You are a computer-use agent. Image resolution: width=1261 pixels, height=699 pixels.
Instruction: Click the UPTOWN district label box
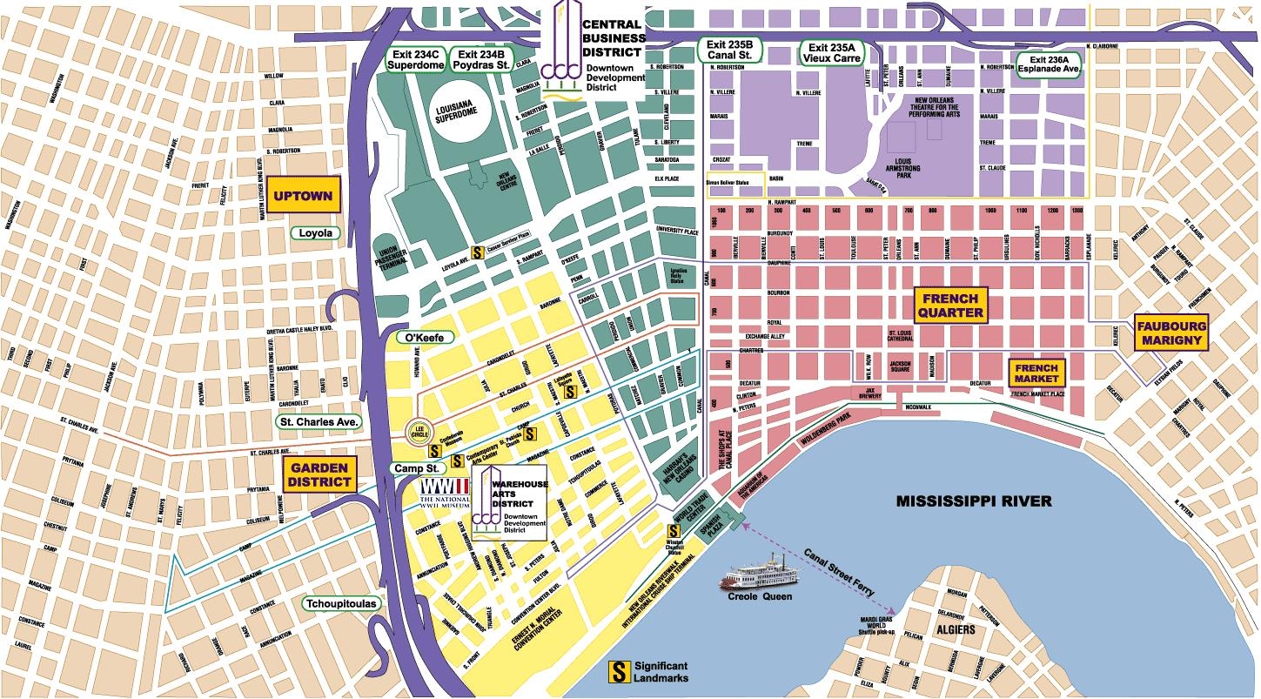[302, 196]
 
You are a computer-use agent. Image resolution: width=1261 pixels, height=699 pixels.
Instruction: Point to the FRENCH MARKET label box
[1036, 373]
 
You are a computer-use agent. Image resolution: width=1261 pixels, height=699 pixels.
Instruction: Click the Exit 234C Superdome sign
[415, 58]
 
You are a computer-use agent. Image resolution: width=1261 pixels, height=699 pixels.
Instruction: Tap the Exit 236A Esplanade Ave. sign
[1050, 66]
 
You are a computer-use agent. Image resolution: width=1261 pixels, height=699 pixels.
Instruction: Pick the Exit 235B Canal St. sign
[731, 50]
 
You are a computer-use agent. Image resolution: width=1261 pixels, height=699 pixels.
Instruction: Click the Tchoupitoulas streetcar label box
[341, 603]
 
